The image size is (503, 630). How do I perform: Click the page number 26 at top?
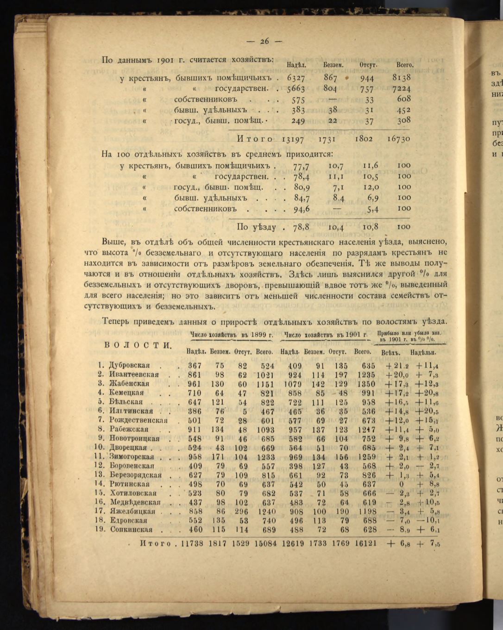(x=264, y=41)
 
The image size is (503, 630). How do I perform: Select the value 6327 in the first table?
(x=296, y=78)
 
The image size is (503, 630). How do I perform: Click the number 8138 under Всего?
(x=401, y=78)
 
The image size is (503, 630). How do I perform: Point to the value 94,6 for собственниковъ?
(x=301, y=209)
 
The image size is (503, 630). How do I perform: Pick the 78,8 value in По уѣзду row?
(x=301, y=227)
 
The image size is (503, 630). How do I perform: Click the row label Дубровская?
(x=129, y=366)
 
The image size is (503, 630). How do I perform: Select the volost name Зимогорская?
(x=132, y=456)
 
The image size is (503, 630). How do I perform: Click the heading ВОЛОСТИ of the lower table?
(x=138, y=345)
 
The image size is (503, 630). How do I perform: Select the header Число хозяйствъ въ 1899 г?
(x=231, y=335)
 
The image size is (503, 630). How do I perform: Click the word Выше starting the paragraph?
(x=113, y=242)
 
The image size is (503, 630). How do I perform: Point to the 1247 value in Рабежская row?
(x=365, y=430)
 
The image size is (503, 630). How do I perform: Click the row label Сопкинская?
(x=131, y=530)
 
